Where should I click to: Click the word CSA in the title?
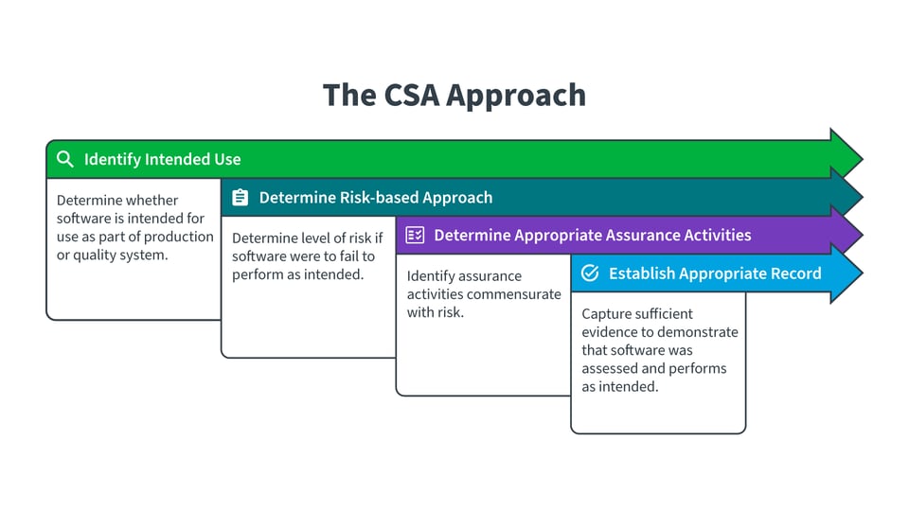click(409, 95)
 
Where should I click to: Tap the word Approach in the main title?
click(517, 97)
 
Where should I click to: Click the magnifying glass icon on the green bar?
click(64, 159)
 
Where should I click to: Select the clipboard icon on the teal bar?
click(240, 198)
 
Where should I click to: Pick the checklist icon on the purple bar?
click(415, 236)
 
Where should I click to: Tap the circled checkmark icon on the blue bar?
click(589, 273)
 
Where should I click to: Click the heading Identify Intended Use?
click(162, 159)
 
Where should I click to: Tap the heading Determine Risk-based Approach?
click(376, 198)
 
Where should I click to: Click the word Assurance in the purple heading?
click(626, 236)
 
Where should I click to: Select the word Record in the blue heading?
click(796, 273)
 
